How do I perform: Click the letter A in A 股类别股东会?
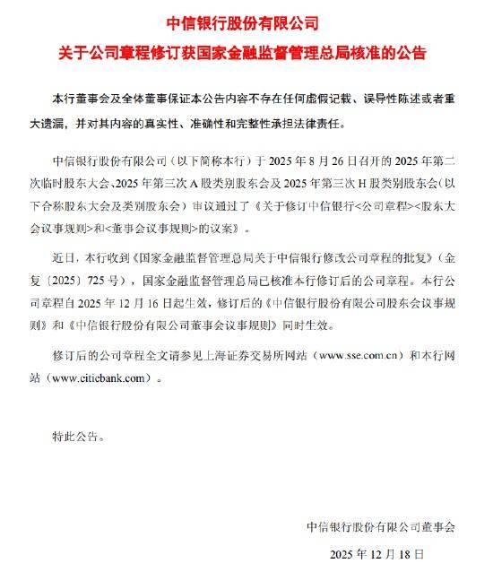pyautogui.click(x=192, y=182)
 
